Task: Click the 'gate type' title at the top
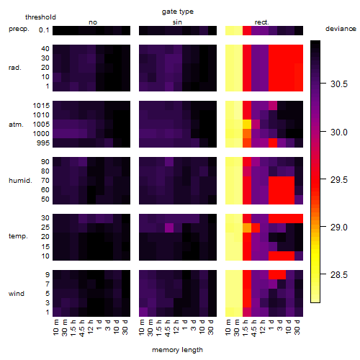pyautogui.click(x=178, y=12)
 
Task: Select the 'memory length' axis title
pyautogui.click(x=178, y=350)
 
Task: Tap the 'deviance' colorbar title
pyautogui.click(x=341, y=29)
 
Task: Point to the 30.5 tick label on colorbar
pyautogui.click(x=339, y=84)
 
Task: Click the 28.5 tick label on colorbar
pyautogui.click(x=339, y=274)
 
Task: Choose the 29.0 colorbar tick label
pyautogui.click(x=339, y=227)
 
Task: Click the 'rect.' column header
pyautogui.click(x=262, y=22)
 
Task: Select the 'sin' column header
pyautogui.click(x=177, y=22)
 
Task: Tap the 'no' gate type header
pyautogui.click(x=93, y=22)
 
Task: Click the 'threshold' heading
pyautogui.click(x=40, y=17)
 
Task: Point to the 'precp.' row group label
pyautogui.click(x=19, y=30)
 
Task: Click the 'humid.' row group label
pyautogui.click(x=20, y=181)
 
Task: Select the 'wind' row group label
pyautogui.click(x=17, y=294)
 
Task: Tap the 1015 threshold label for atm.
pyautogui.click(x=41, y=106)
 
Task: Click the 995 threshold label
pyautogui.click(x=43, y=143)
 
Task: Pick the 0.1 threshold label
pyautogui.click(x=44, y=30)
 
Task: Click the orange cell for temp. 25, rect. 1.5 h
pyautogui.click(x=247, y=228)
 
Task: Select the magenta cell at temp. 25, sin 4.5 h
pyautogui.click(x=169, y=228)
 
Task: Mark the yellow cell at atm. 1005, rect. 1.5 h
pyautogui.click(x=247, y=125)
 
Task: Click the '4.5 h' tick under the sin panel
pyautogui.click(x=168, y=328)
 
